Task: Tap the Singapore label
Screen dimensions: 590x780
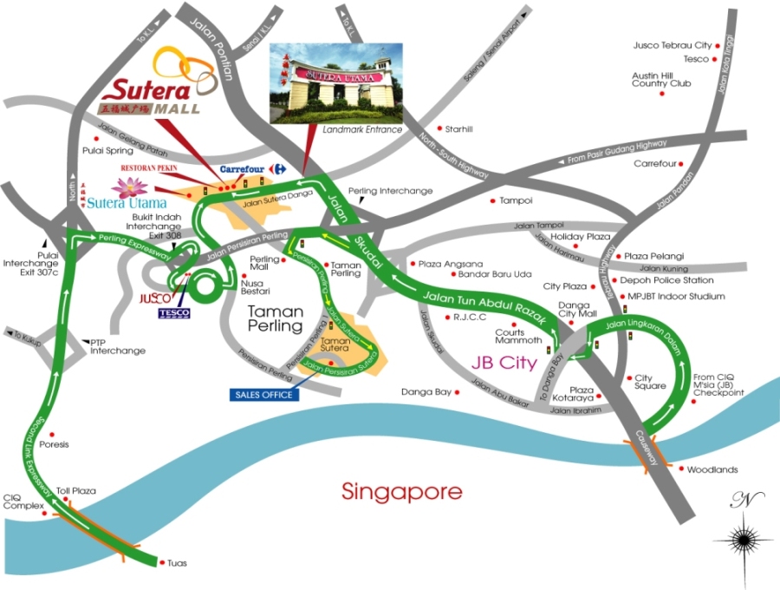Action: tap(402, 492)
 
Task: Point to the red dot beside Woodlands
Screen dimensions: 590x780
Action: tap(680, 470)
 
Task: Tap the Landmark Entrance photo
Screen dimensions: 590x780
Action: tap(336, 84)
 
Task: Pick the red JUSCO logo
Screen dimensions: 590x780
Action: tap(154, 298)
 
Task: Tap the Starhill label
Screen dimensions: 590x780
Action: tap(458, 129)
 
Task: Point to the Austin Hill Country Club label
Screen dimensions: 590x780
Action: tap(661, 79)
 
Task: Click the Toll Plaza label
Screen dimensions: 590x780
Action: tap(76, 491)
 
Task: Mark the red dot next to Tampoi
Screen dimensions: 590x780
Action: tap(493, 200)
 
